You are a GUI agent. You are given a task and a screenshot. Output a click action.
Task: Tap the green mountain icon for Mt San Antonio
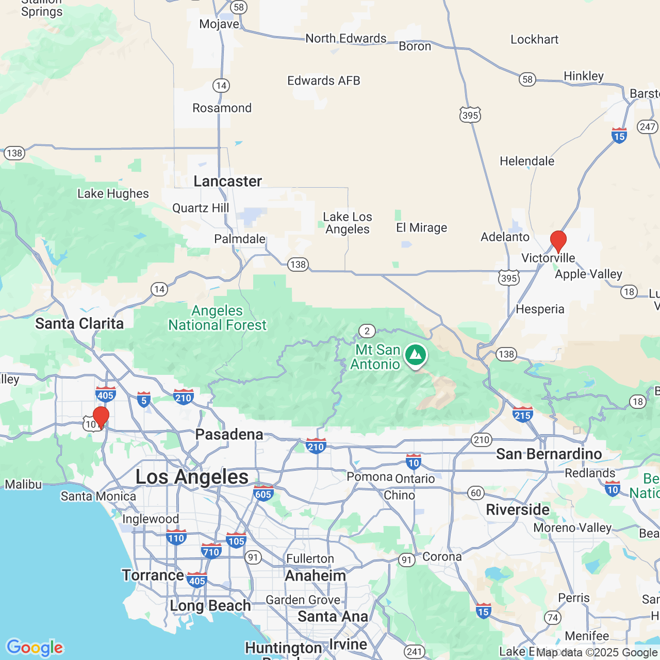click(415, 355)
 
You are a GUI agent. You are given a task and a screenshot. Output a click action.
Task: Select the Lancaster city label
click(227, 181)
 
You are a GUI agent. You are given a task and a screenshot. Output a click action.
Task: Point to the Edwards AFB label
click(323, 81)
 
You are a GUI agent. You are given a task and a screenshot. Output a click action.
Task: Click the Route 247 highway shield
click(647, 126)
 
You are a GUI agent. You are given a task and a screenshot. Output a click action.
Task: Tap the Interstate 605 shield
click(263, 493)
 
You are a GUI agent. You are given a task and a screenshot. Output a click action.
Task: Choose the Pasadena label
click(229, 435)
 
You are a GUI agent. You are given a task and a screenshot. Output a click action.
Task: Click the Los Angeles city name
click(192, 477)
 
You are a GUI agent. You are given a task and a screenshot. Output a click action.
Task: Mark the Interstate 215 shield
click(522, 415)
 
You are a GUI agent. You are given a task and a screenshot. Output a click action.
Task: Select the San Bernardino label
click(549, 454)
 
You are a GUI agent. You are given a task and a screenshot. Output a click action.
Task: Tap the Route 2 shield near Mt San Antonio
click(367, 331)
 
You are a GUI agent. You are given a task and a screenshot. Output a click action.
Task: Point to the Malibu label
click(23, 485)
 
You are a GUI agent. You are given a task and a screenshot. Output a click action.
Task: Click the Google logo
click(35, 648)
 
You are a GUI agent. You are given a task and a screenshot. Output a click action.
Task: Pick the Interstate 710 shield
click(211, 551)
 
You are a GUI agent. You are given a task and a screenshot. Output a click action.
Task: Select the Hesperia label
click(540, 309)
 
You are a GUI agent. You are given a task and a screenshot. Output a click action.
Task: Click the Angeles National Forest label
click(217, 318)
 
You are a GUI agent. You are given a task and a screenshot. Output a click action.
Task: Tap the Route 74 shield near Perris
click(553, 618)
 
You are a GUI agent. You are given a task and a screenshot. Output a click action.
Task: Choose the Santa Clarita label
click(79, 324)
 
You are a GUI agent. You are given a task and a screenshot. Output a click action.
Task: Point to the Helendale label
click(527, 161)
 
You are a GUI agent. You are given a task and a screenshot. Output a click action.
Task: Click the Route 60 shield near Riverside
click(476, 493)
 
